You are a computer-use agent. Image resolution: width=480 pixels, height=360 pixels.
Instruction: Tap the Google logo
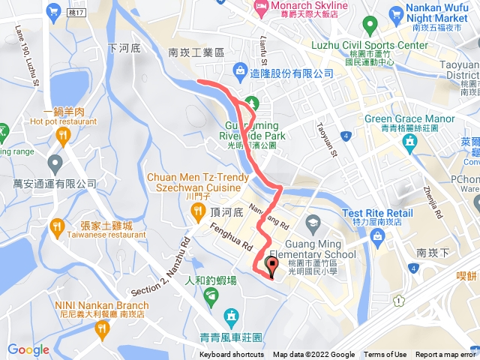click(28, 349)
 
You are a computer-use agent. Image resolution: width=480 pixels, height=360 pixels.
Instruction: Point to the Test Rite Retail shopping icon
click(378, 237)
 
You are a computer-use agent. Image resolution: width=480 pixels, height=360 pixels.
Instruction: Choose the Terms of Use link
click(385, 355)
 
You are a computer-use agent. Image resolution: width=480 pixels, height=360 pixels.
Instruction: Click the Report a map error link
click(447, 355)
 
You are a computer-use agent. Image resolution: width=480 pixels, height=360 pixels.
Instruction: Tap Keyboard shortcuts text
click(232, 355)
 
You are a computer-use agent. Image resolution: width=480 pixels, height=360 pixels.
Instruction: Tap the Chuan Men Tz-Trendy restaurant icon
click(197, 212)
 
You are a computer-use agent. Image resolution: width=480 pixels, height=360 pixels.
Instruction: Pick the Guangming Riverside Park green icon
click(252, 102)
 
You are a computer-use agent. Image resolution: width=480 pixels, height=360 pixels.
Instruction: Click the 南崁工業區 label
click(196, 53)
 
